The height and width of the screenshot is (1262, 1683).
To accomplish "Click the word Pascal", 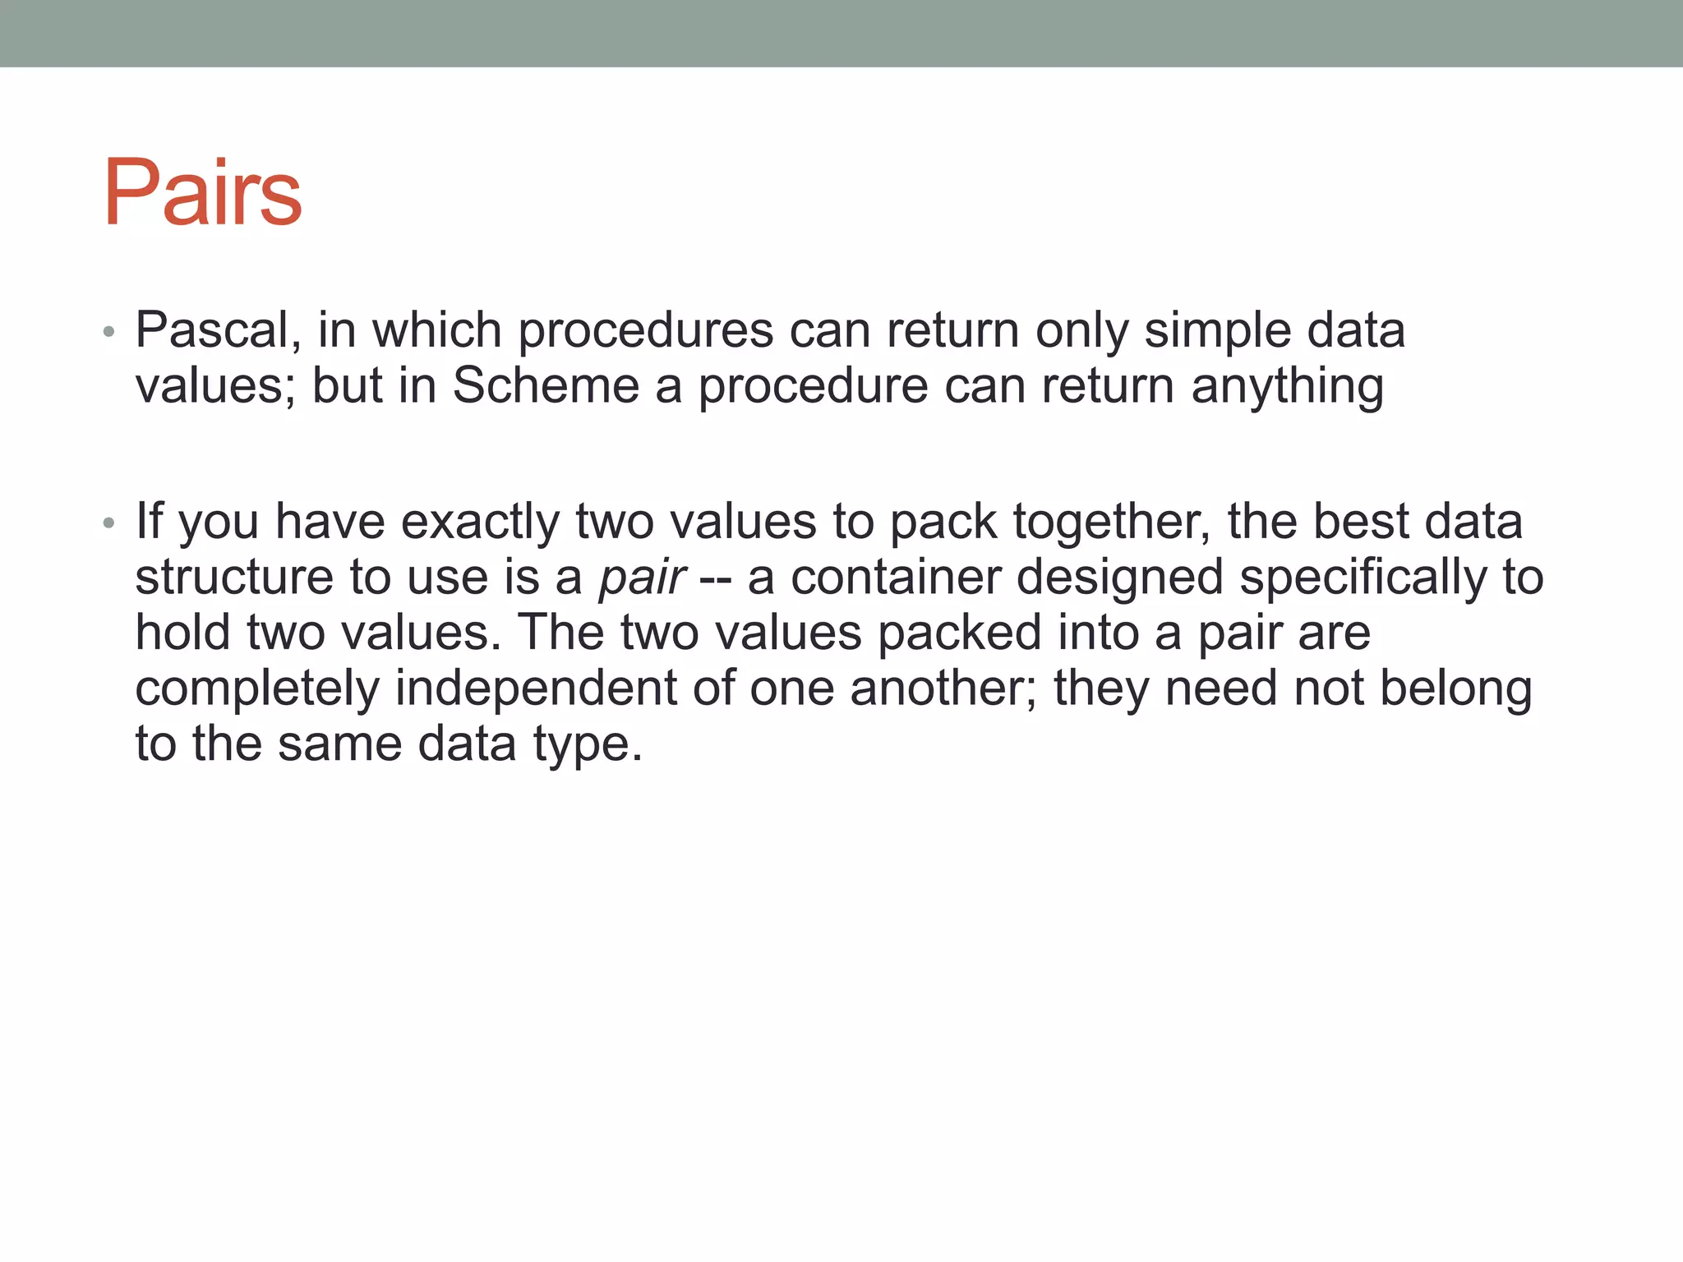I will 218,330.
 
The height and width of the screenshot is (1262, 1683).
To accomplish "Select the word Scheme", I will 546,385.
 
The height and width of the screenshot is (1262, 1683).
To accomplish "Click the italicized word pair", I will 642,578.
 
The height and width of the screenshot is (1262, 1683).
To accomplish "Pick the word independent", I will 535,688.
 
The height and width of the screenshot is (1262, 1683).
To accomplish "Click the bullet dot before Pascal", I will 108,333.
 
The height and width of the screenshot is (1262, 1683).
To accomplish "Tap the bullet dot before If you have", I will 108,523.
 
